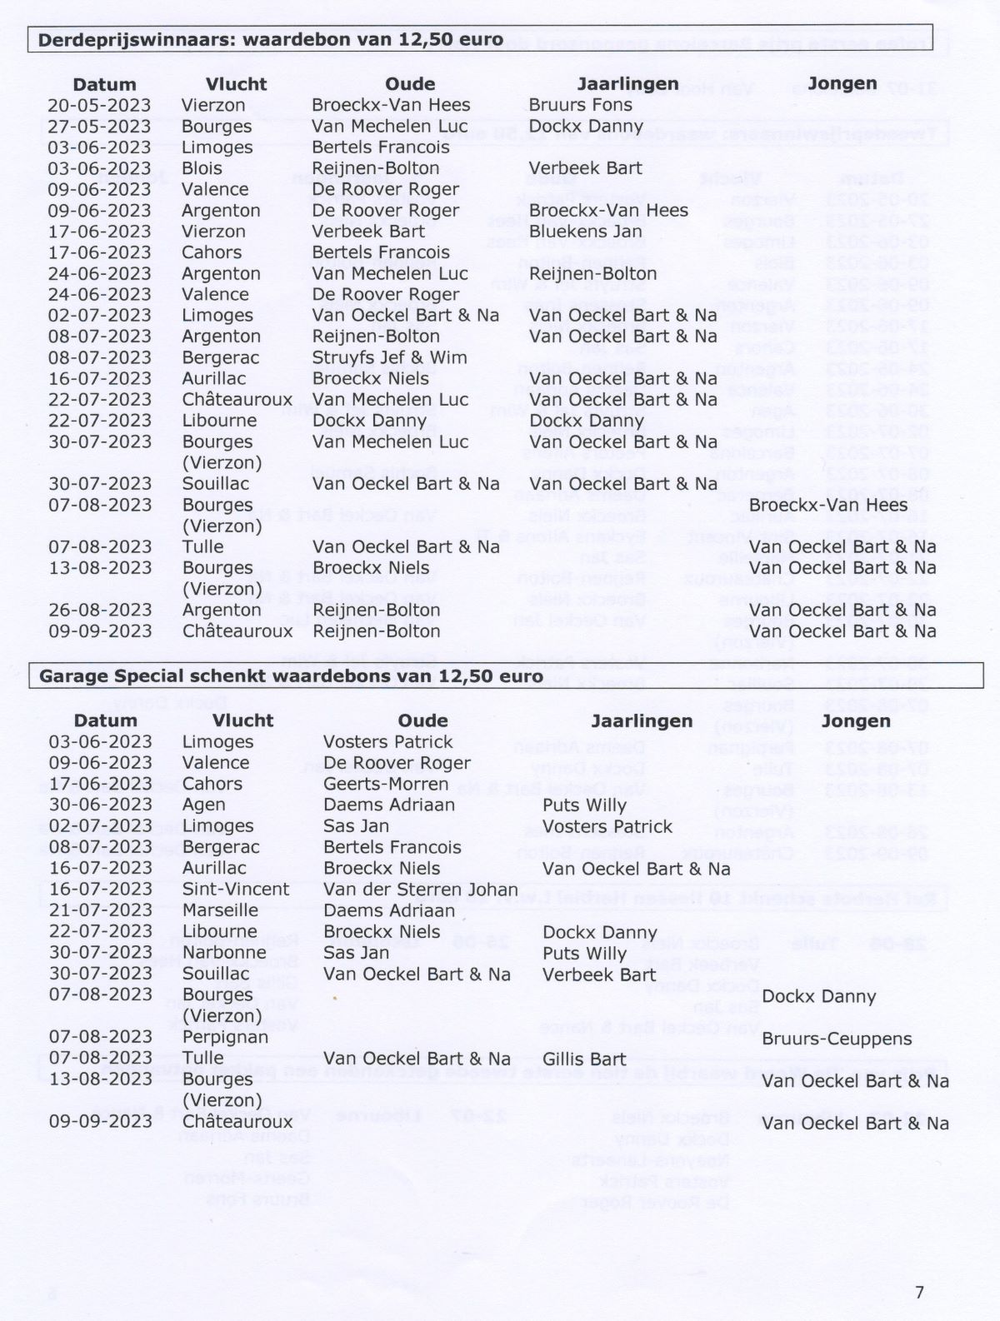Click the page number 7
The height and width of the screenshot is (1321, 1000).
pos(919,1292)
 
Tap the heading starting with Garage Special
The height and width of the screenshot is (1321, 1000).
pos(291,675)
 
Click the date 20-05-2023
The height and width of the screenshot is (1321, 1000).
pos(99,105)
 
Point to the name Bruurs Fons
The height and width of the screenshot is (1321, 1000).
pos(580,105)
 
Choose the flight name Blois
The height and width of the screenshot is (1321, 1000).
pos(202,168)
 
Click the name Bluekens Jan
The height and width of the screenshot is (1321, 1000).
pos(585,232)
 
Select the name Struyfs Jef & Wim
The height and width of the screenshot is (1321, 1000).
pos(389,357)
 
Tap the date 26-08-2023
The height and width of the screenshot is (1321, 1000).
pos(99,610)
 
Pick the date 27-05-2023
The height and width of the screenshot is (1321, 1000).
pos(99,127)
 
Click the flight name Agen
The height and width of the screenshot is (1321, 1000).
pos(203,805)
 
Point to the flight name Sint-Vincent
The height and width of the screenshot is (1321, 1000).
pos(236,889)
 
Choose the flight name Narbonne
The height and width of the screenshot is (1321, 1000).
pos(224,952)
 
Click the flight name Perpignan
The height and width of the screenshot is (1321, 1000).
pos(225,1037)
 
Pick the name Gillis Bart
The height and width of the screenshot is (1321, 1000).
pos(583,1059)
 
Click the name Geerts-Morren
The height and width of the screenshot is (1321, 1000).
pos(386,784)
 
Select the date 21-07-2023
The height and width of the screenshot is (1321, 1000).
pos(100,910)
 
